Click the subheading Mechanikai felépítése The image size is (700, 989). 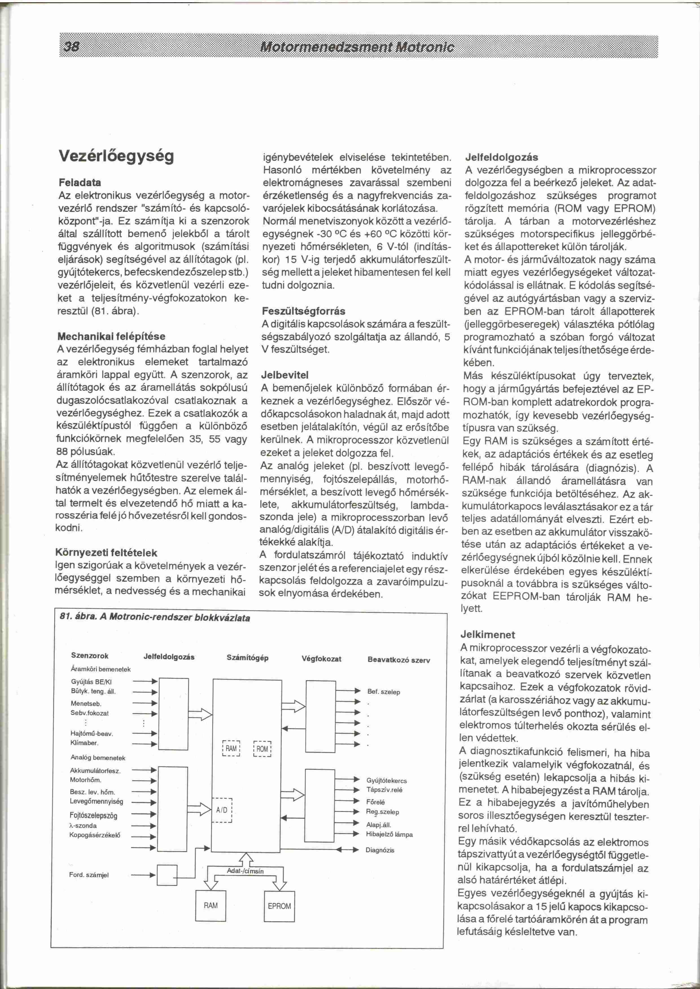(x=111, y=336)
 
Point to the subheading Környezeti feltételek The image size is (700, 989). (x=106, y=553)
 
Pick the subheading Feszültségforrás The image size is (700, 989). (x=303, y=311)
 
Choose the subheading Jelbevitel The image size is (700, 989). (x=285, y=375)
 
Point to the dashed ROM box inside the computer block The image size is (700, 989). (x=262, y=749)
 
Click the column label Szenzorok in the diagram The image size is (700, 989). (x=90, y=656)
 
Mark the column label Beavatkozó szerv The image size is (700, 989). (x=399, y=660)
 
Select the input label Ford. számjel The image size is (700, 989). (x=89, y=875)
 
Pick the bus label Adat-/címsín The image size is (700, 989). (x=245, y=871)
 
